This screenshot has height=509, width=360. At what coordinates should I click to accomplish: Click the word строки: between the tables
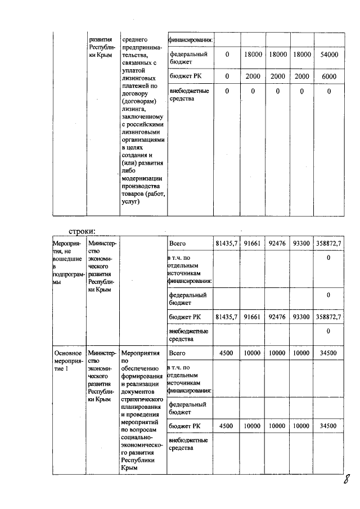pyautogui.click(x=82, y=231)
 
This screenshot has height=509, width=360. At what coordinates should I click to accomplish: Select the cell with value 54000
pyautogui.click(x=328, y=55)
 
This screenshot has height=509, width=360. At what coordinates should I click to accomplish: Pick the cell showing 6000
pyautogui.click(x=328, y=76)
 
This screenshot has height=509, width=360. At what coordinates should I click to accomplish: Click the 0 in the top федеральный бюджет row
pyautogui.click(x=227, y=55)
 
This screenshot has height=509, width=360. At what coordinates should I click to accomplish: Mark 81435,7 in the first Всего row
pyautogui.click(x=227, y=243)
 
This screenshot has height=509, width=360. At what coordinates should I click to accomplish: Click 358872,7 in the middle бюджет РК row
pyautogui.click(x=328, y=317)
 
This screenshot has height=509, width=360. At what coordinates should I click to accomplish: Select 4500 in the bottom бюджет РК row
pyautogui.click(x=227, y=426)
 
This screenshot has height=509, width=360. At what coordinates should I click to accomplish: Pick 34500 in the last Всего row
pyautogui.click(x=328, y=353)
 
